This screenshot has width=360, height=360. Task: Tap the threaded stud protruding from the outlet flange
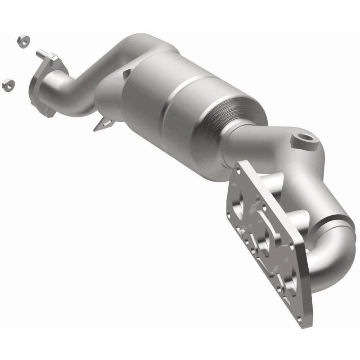pyautogui.click(x=41, y=54)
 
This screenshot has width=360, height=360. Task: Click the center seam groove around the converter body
pyautogui.click(x=180, y=90)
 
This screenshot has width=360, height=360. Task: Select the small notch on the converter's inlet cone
pyautogui.click(x=127, y=72)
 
